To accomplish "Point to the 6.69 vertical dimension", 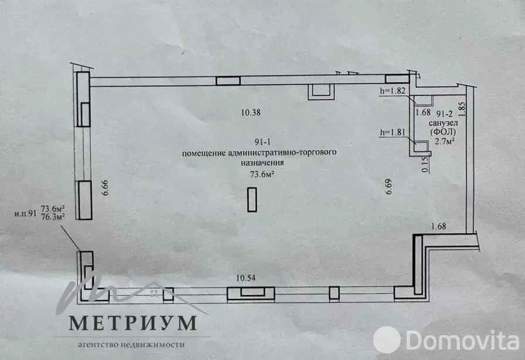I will pyautogui.click(x=387, y=187).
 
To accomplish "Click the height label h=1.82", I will pyautogui.click(x=392, y=91).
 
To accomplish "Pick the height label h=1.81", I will pyautogui.click(x=392, y=133).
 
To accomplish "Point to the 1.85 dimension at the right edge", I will pyautogui.click(x=462, y=108).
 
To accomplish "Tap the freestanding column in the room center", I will pyautogui.click(x=252, y=199).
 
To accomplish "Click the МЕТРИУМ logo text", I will pyautogui.click(x=132, y=323).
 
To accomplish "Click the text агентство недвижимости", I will pyautogui.click(x=131, y=345).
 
